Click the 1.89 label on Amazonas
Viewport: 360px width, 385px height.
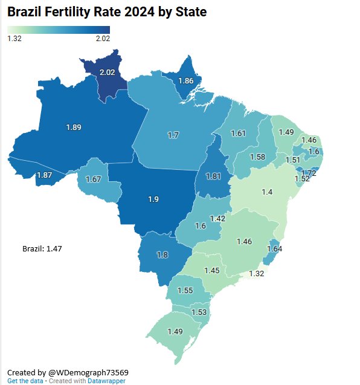73,127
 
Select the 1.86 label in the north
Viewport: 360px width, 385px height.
186,80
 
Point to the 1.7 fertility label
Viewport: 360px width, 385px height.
173,135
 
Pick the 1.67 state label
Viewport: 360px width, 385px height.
93,180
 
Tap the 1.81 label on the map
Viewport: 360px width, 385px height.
212,176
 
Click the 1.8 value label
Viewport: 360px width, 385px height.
162,255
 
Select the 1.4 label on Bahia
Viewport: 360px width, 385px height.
268,192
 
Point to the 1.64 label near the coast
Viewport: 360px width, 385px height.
274,248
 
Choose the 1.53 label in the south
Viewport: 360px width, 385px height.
198,312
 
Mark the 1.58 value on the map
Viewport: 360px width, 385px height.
257,157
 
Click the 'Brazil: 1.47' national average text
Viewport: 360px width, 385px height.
42,248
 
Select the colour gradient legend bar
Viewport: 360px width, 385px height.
59,30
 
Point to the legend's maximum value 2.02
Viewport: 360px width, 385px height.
102,39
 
